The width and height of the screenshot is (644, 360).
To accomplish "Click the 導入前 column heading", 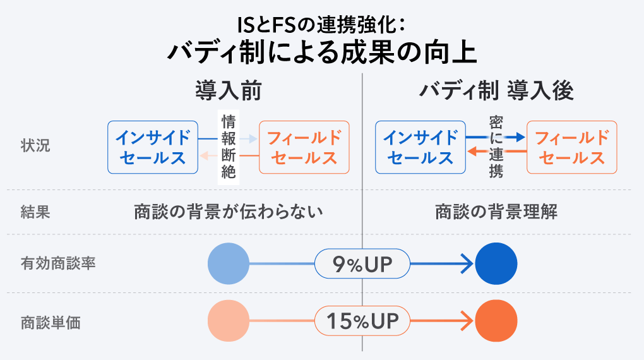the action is pyautogui.click(x=229, y=91).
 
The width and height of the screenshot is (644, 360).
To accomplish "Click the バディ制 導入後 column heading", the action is pyautogui.click(x=496, y=91).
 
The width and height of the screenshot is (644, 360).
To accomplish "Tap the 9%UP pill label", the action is pyautogui.click(x=362, y=263).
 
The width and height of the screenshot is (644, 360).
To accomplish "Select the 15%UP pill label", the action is pyautogui.click(x=362, y=321).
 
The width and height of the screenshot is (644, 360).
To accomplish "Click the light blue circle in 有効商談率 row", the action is pyautogui.click(x=229, y=263).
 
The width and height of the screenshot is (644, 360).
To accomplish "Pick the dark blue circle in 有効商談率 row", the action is pyautogui.click(x=496, y=263).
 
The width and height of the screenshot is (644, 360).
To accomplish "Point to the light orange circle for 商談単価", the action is pyautogui.click(x=229, y=321).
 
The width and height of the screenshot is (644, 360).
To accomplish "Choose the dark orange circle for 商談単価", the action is pyautogui.click(x=496, y=321).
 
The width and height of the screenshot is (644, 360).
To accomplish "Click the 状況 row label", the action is pyautogui.click(x=35, y=145).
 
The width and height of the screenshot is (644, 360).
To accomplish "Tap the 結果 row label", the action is pyautogui.click(x=35, y=212).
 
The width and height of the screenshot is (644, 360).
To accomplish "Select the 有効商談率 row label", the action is pyautogui.click(x=58, y=263).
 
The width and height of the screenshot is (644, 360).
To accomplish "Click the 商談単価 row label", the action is pyautogui.click(x=51, y=323).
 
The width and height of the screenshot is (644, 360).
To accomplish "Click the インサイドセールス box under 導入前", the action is pyautogui.click(x=153, y=147).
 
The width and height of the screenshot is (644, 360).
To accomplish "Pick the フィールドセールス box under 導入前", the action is pyautogui.click(x=304, y=147).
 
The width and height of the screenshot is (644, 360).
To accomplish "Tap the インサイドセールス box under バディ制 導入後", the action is pyautogui.click(x=420, y=147).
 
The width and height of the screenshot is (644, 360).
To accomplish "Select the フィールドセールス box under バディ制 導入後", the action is pyautogui.click(x=572, y=147).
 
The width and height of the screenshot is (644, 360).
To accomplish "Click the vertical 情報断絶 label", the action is pyautogui.click(x=229, y=147).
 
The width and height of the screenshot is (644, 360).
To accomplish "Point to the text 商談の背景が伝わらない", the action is pyautogui.click(x=229, y=212).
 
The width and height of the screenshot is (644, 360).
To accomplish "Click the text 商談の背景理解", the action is pyautogui.click(x=496, y=212).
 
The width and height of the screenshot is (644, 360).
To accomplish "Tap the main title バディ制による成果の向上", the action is pyautogui.click(x=322, y=52).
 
